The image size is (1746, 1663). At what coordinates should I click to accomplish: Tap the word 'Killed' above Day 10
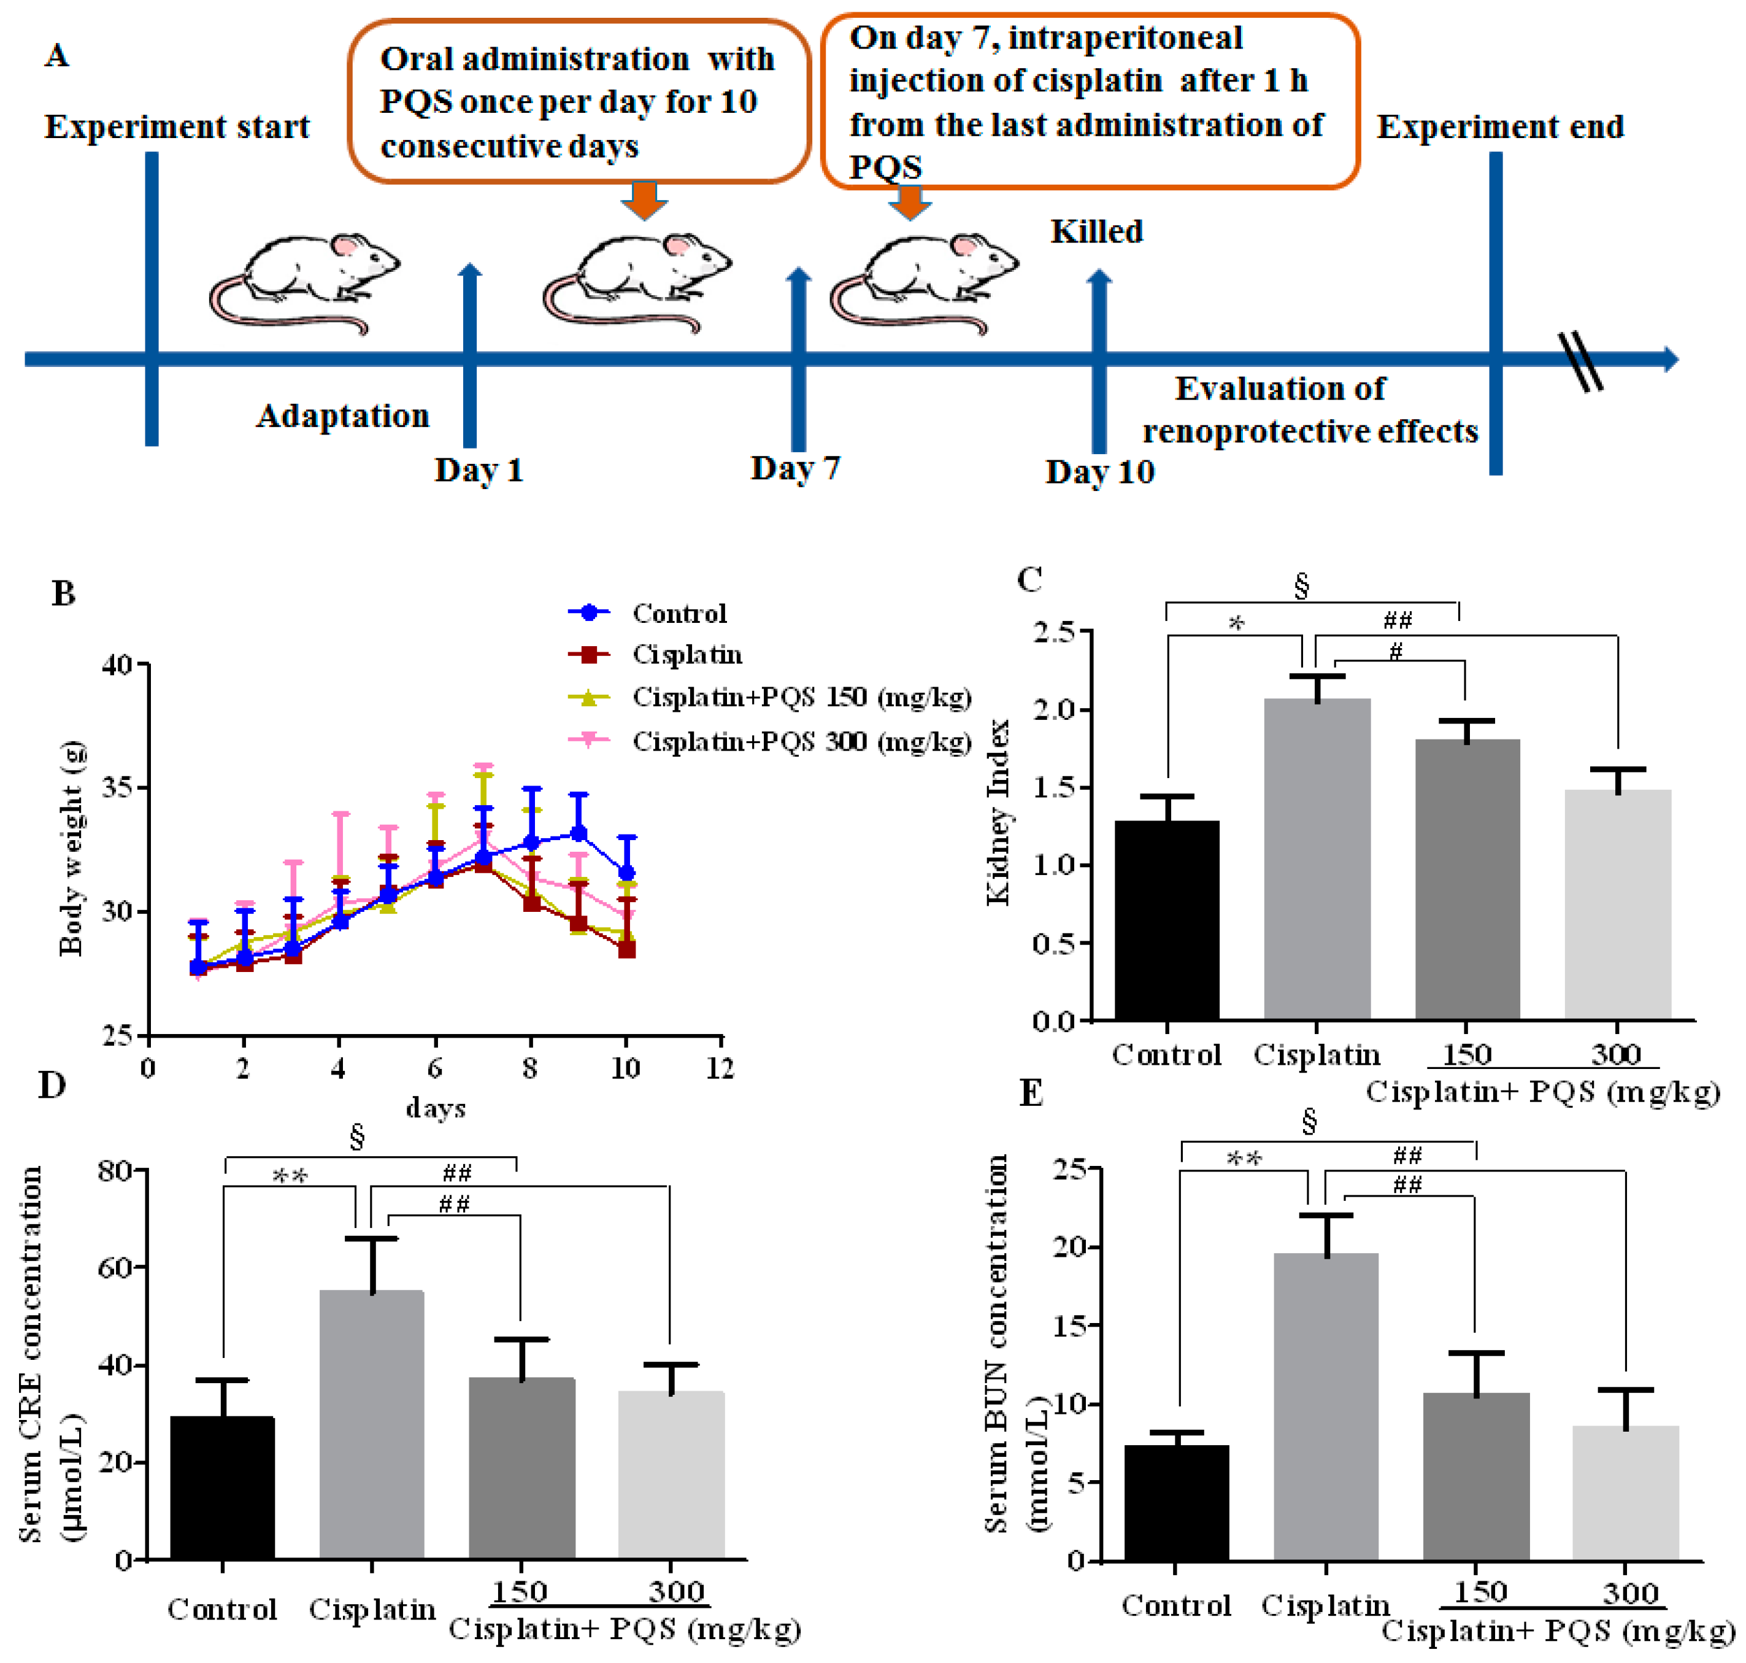1096,231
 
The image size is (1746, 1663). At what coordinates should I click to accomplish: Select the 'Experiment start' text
177,127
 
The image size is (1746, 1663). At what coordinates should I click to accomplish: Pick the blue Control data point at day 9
579,833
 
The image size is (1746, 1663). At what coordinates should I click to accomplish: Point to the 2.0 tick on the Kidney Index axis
1054,709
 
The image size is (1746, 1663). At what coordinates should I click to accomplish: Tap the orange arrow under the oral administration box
644,199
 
